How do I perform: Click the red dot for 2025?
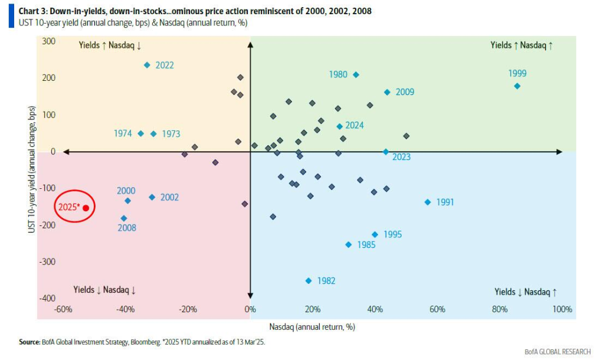tap(86, 208)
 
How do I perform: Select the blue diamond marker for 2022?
tap(147, 65)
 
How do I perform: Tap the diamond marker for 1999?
tap(517, 86)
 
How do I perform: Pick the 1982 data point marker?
tap(308, 281)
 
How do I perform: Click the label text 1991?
tap(445, 202)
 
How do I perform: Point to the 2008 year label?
tap(126, 228)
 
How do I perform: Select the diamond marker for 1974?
tap(141, 134)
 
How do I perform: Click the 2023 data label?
tap(401, 157)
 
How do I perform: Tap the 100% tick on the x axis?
tap(562, 309)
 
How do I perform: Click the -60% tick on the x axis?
tap(63, 309)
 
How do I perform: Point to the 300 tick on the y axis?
tap(48, 41)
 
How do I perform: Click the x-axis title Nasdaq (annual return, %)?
tap(312, 326)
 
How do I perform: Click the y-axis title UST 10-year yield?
tap(32, 170)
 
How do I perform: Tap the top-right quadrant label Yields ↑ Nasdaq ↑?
tap(521, 45)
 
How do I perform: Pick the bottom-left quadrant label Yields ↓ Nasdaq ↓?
tap(104, 290)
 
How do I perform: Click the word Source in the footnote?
tap(30, 341)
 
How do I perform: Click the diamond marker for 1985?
tap(349, 245)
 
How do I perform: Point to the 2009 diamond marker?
tap(388, 93)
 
